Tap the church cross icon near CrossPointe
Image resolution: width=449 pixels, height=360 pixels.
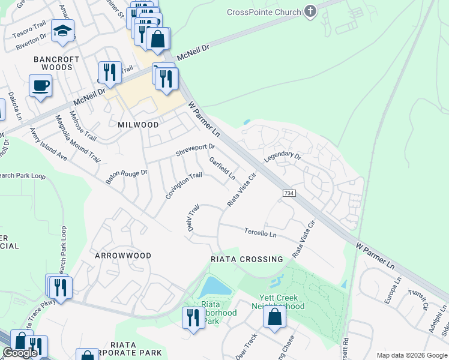310,11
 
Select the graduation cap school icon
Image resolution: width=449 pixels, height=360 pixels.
62,31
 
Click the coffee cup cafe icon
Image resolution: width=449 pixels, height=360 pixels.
41,85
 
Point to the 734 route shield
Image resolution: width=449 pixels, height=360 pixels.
288,192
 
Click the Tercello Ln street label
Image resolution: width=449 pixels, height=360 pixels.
260,232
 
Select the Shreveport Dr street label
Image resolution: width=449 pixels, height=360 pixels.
195,150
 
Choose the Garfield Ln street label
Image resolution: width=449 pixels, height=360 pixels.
222,169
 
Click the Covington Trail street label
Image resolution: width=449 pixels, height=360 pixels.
184,185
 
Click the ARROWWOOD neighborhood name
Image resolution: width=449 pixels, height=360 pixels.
123,256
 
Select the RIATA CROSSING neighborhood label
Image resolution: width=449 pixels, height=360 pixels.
247,259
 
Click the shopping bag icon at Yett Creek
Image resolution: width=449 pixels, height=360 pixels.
274,318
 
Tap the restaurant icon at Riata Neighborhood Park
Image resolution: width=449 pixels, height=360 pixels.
193,317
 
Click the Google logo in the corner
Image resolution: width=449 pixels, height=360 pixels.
20,353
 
